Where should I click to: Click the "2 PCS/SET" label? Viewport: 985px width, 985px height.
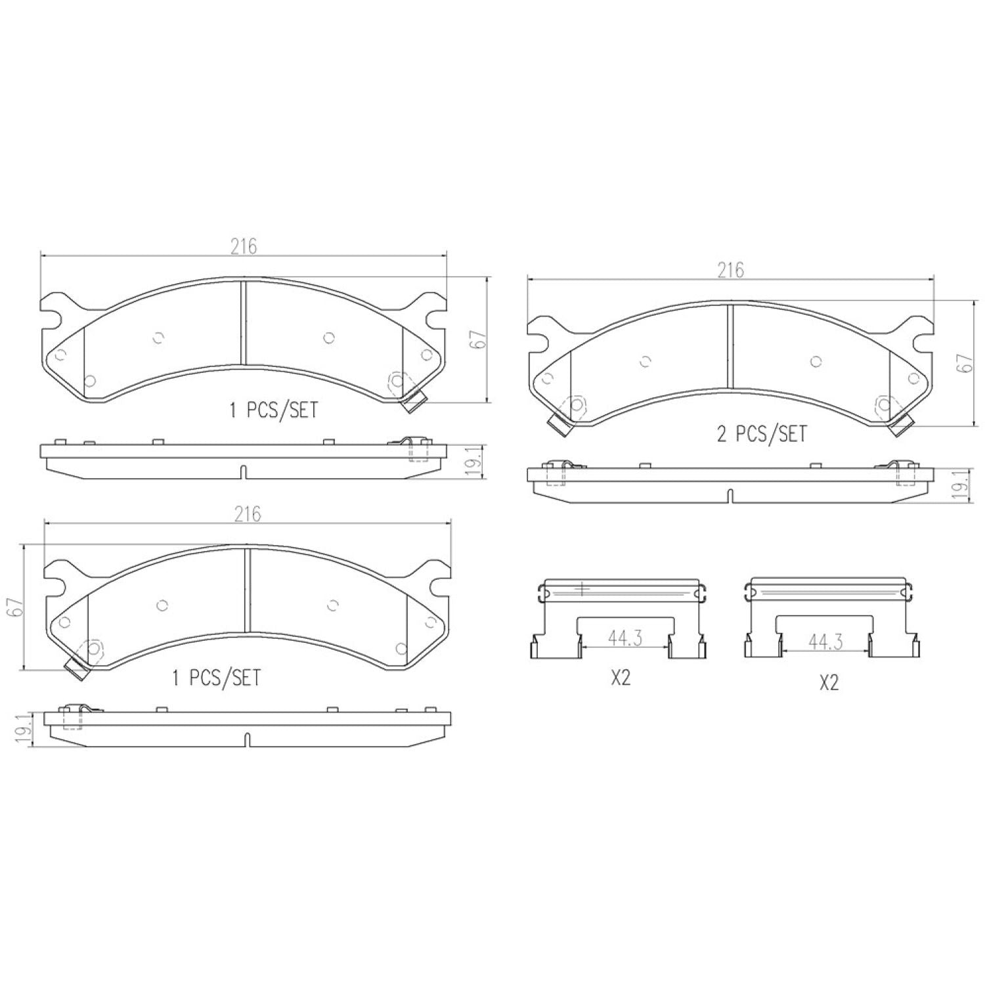point(761,434)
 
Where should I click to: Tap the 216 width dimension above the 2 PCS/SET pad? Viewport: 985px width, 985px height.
point(730,270)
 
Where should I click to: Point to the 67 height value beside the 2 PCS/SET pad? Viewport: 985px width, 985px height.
point(964,363)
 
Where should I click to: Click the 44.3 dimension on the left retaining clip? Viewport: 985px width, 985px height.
point(624,638)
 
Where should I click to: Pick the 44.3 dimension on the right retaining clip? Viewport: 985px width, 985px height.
point(825,642)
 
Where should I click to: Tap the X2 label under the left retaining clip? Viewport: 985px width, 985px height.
point(621,678)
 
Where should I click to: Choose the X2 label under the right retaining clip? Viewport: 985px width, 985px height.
point(829,683)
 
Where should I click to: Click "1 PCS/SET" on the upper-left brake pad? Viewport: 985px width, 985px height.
point(273,410)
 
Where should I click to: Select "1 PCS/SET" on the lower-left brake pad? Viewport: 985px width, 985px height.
point(216,678)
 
